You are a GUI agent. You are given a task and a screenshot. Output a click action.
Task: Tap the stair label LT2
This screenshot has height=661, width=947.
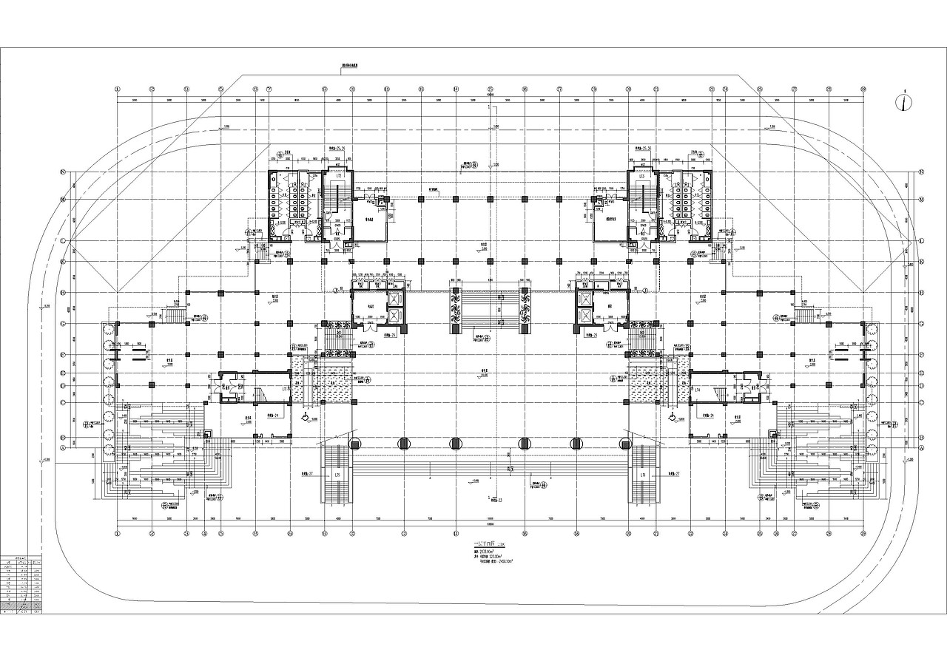[338, 177]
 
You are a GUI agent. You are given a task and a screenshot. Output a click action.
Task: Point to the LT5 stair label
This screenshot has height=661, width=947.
[337, 474]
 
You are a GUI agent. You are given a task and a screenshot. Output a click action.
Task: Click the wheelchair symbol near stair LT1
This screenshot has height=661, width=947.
[304, 418]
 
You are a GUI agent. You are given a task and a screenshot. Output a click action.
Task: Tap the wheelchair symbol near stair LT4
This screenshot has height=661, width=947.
[672, 418]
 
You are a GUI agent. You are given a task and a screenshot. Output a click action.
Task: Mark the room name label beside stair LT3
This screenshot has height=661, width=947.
[611, 220]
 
